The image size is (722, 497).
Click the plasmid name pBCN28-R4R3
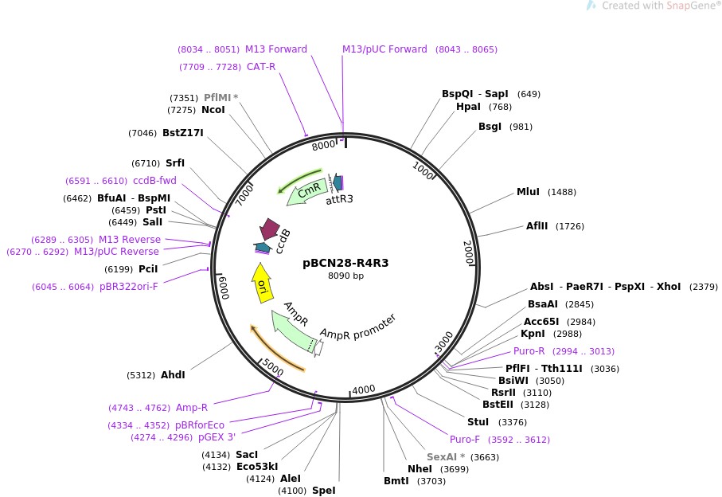(345, 263)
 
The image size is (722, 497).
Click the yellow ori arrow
(262, 284)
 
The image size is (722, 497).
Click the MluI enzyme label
(528, 192)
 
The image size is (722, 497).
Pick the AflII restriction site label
(537, 226)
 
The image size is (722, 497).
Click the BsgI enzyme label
(490, 127)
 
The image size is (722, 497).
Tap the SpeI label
(323, 491)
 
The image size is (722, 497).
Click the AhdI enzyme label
(173, 375)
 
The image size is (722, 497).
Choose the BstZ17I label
(183, 133)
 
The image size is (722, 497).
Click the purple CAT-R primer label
(261, 66)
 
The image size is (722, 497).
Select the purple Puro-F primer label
(465, 439)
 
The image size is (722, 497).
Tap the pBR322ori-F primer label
(129, 287)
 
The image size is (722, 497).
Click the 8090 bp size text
(345, 276)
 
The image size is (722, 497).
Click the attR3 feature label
(339, 200)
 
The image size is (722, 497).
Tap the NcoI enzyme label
(213, 110)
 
